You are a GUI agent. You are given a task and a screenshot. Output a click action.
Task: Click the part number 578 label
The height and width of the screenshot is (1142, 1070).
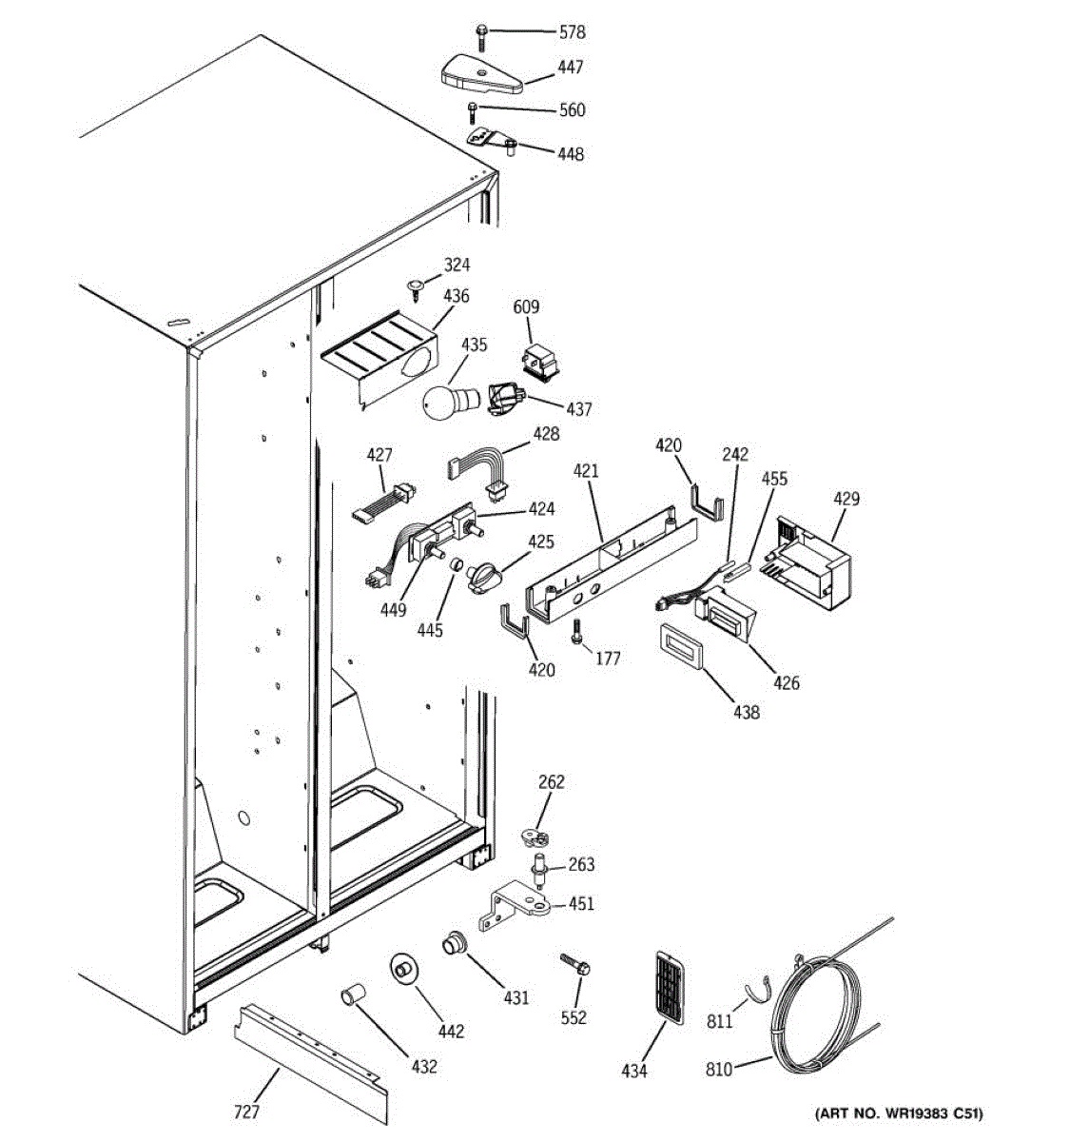572,32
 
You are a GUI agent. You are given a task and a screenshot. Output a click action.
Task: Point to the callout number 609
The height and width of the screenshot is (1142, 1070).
526,306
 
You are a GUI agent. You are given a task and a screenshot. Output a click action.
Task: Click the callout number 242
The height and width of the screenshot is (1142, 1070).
735,455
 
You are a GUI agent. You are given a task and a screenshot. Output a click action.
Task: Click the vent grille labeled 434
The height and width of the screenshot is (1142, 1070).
671,986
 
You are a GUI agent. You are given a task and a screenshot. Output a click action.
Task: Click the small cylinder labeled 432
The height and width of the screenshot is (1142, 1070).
352,996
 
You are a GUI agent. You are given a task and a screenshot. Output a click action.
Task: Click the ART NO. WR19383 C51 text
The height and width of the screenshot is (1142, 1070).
899,1112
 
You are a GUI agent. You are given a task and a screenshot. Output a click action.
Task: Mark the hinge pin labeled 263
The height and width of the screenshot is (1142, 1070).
539,867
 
